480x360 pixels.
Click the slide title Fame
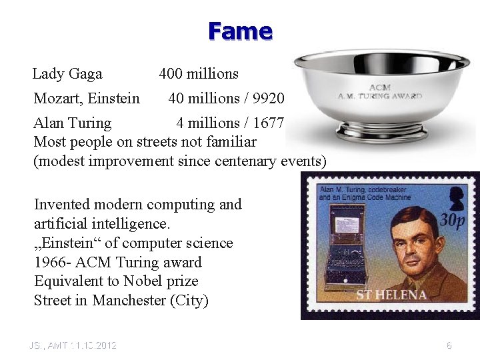[x=240, y=31]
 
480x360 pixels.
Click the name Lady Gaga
[x=67, y=74]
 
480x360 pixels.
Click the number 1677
[x=269, y=123]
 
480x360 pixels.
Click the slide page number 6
[x=449, y=345]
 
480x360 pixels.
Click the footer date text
[x=73, y=345]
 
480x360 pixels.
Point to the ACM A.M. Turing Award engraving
[x=380, y=92]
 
